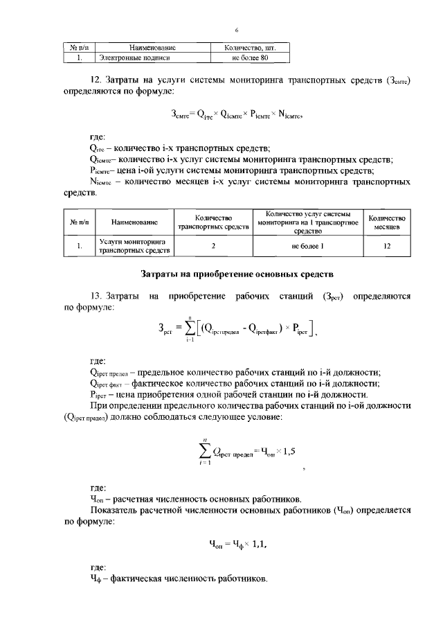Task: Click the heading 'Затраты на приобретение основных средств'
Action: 237,274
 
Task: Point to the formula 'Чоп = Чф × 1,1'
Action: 238,544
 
